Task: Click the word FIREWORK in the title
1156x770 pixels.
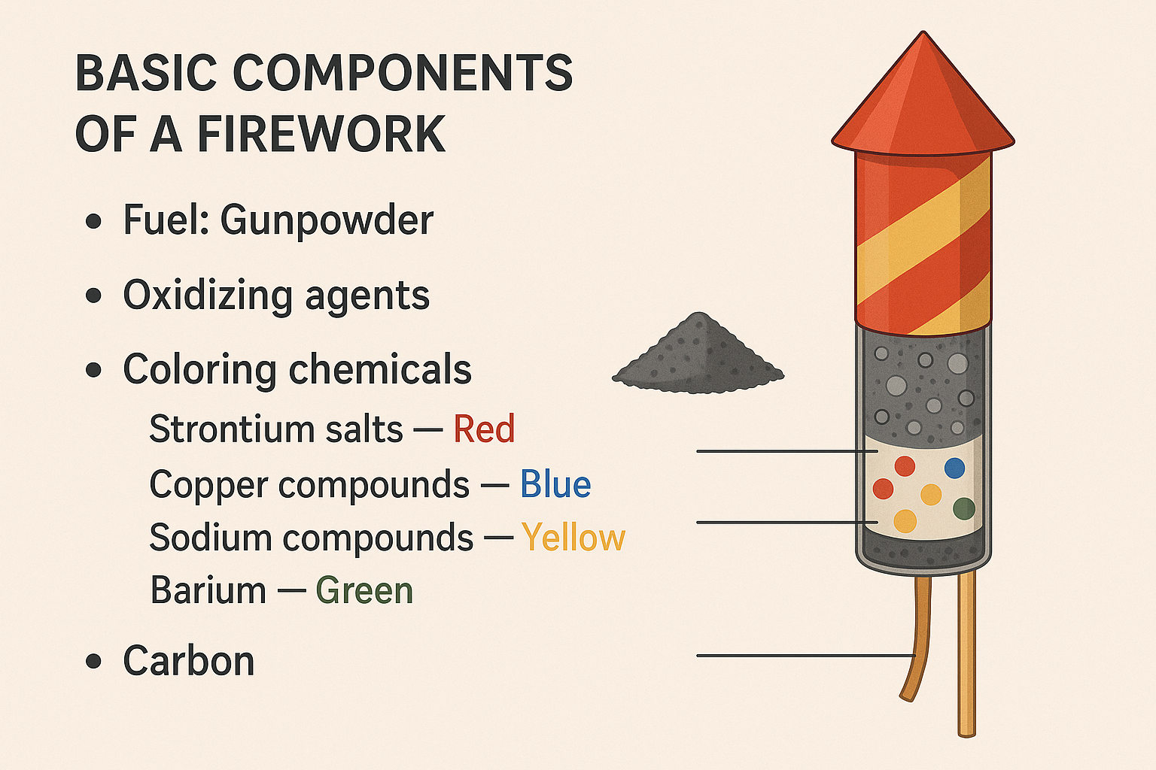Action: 321,133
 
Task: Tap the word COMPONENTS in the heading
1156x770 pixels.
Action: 403,73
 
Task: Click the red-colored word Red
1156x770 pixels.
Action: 484,429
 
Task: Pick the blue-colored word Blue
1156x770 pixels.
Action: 555,484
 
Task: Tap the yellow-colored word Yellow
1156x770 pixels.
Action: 573,538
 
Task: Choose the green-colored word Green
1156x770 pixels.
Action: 364,590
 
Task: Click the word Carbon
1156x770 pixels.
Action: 189,661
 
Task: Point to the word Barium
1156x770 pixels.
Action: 208,590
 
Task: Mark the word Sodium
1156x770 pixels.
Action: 211,537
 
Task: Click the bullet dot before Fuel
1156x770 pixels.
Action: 93,223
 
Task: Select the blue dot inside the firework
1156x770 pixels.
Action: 954,468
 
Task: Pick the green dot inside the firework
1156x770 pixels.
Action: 964,508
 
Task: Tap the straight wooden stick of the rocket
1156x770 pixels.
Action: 966,655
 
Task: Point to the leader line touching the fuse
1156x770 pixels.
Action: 805,656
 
